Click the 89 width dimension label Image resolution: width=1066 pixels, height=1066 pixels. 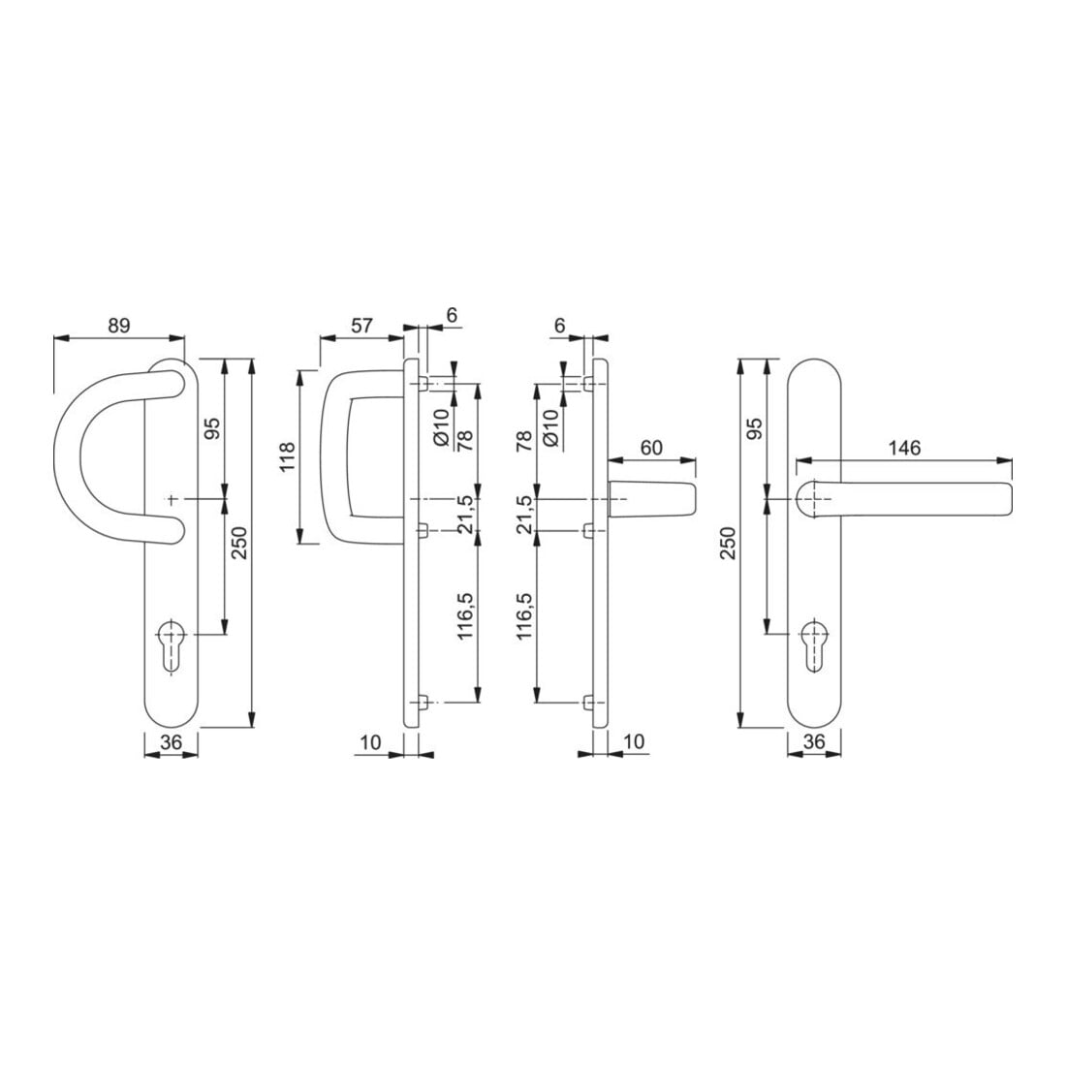coord(118,326)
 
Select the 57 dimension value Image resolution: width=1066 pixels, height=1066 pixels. coord(362,326)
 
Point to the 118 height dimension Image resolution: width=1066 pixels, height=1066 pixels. coord(287,456)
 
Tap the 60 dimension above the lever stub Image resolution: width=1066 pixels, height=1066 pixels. coord(650,448)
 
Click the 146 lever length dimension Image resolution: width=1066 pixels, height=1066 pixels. coord(904,448)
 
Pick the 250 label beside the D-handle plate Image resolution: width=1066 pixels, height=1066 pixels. coord(240,543)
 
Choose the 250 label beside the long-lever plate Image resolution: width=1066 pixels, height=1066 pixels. coord(728,543)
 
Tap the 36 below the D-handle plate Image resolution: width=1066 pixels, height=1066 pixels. coord(172,742)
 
